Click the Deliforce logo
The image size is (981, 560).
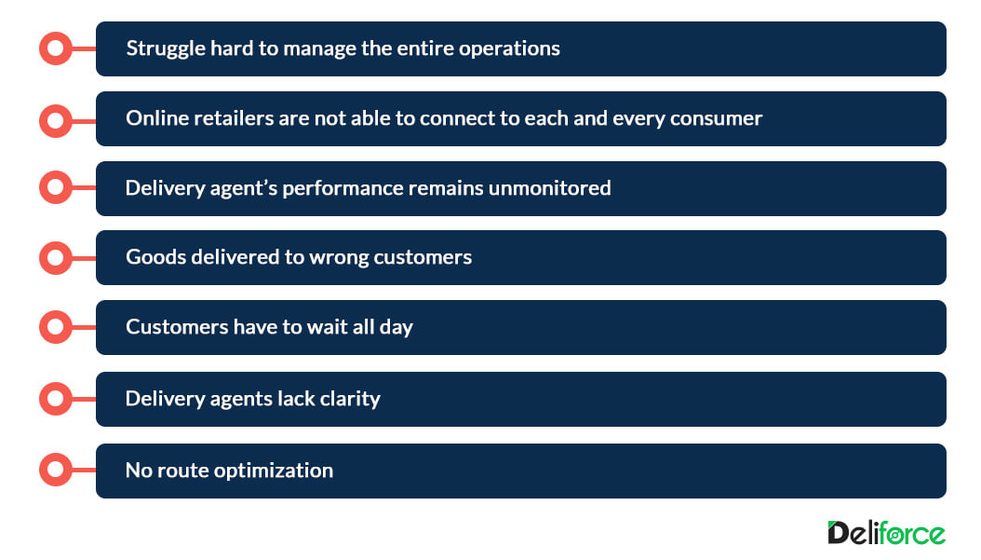click(x=886, y=533)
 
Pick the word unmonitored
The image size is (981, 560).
click(x=549, y=188)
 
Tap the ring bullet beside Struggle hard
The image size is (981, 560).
click(x=56, y=48)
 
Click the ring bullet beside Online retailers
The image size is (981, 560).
click(x=56, y=121)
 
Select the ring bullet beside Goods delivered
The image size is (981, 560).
click(x=56, y=257)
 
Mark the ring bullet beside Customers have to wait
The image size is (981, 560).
click(x=56, y=326)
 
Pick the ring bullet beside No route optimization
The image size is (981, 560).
click(x=56, y=470)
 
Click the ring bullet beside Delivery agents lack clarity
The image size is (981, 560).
click(x=56, y=399)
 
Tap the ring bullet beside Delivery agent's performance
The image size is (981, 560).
click(x=56, y=186)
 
